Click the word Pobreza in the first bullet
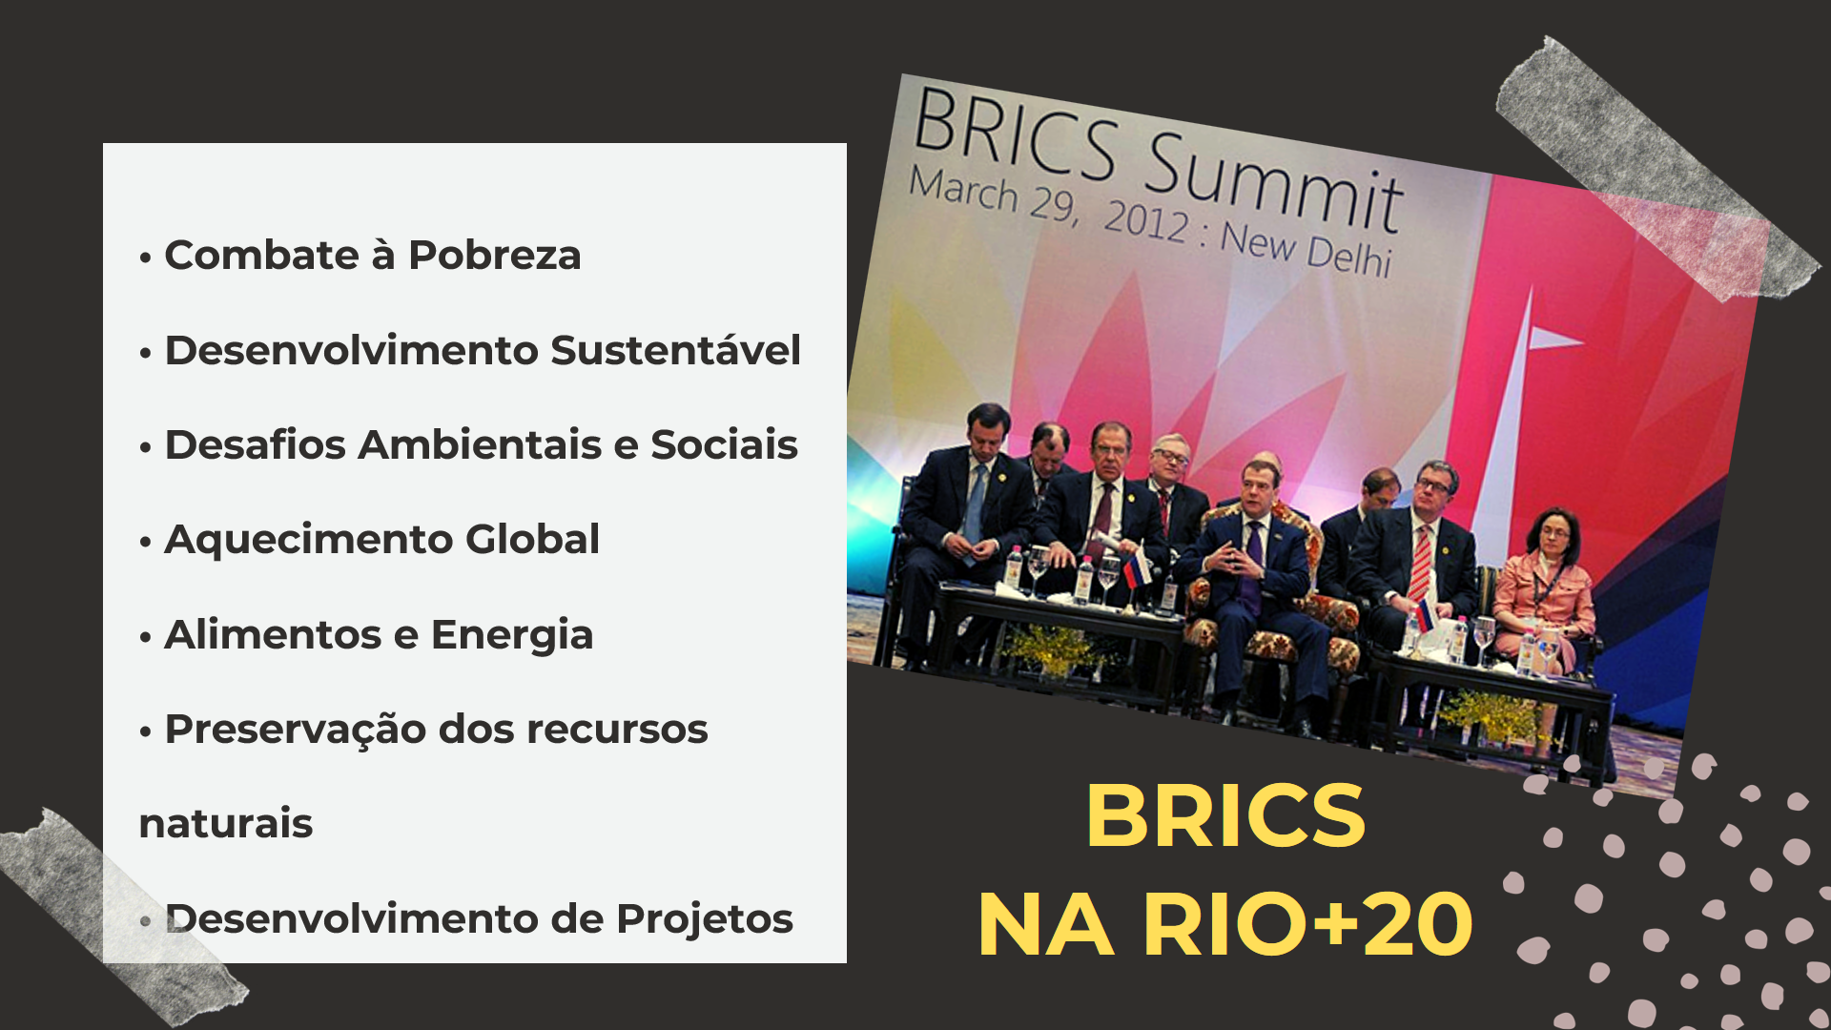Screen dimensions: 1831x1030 [494, 256]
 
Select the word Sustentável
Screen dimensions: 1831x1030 [675, 350]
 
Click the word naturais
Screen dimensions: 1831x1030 [226, 824]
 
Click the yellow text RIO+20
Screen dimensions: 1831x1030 [1308, 924]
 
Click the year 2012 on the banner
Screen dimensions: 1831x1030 [1147, 220]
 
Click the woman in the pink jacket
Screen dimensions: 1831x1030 [1545, 591]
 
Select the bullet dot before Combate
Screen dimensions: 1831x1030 [145, 257]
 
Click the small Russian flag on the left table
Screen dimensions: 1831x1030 [1136, 569]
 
